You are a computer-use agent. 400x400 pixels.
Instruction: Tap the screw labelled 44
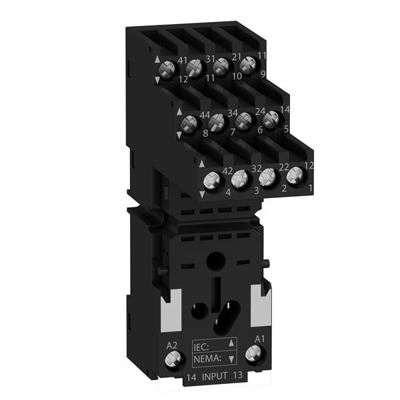[x=189, y=124]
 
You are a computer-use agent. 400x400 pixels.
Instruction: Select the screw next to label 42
[x=212, y=180]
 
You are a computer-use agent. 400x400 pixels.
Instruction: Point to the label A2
[x=171, y=345]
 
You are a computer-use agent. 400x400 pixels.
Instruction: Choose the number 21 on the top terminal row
[x=236, y=57]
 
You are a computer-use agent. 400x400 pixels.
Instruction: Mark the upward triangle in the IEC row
[x=231, y=343]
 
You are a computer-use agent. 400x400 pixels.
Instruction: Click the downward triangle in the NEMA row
[x=231, y=359]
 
